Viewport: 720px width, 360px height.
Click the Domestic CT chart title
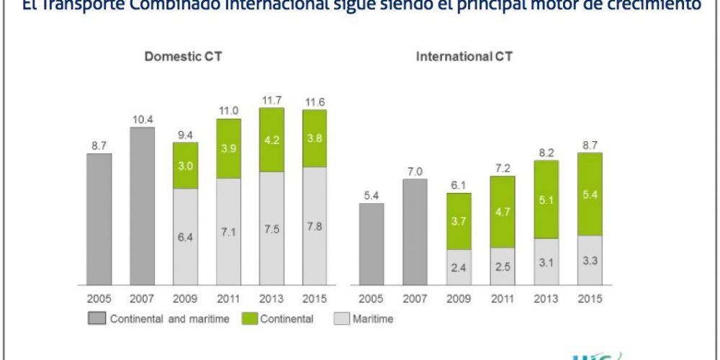(x=183, y=56)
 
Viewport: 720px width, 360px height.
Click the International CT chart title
(x=464, y=56)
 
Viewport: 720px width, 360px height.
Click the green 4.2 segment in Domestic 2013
(x=271, y=140)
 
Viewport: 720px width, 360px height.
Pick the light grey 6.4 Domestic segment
(x=185, y=236)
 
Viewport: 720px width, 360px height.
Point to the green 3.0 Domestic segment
(x=185, y=166)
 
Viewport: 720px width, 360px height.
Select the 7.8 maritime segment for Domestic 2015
(x=314, y=225)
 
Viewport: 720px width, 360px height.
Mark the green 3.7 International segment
(x=458, y=221)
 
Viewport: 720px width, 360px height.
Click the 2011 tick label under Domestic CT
(x=228, y=298)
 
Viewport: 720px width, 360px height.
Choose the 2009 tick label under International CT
(x=458, y=298)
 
